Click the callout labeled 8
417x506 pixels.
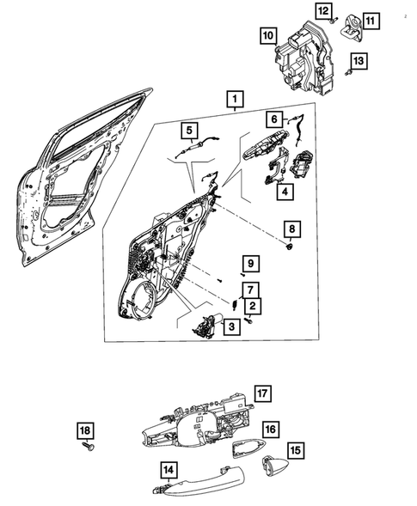coord(291,229)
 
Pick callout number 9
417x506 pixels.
coord(248,263)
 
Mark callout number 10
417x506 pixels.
coord(269,35)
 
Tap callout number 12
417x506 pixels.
coord(322,10)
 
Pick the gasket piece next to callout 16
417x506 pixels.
coord(248,446)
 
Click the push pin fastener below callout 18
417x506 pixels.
coord(86,448)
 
